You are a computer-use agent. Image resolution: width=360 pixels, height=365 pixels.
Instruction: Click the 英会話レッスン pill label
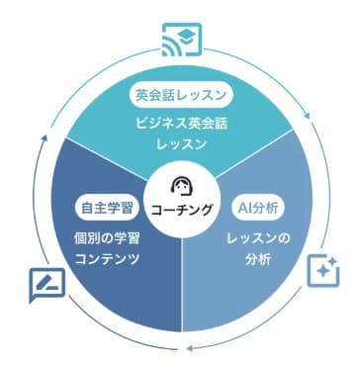point(180,96)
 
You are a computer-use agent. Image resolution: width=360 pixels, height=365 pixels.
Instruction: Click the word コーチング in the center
point(181,209)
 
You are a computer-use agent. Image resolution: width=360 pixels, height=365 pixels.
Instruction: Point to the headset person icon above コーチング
point(181,187)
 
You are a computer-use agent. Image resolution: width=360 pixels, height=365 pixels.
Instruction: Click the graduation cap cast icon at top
point(180,37)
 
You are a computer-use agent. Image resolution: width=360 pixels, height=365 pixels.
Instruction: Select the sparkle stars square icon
point(321,270)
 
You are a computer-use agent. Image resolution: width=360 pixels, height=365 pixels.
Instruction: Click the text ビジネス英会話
point(180,126)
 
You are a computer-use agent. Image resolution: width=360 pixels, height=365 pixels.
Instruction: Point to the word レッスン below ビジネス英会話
point(180,144)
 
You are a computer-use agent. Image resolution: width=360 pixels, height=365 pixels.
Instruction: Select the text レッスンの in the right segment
point(256,240)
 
